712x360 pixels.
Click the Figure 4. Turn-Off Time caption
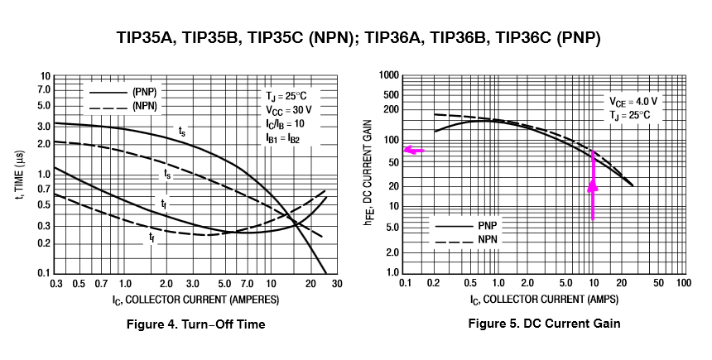point(195,324)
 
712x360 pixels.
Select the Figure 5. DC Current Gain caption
point(544,324)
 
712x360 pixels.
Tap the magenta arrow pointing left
point(414,151)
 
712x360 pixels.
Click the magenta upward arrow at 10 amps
point(593,185)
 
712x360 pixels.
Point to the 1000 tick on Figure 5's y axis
point(389,75)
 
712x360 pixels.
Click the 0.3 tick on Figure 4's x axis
point(55,284)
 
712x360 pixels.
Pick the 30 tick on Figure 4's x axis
point(336,284)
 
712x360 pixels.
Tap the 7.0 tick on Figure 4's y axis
point(45,90)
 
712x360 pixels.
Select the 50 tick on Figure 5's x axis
point(658,283)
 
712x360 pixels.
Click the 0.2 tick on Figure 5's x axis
point(434,283)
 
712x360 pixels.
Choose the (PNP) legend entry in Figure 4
point(123,92)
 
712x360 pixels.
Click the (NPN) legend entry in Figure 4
point(123,106)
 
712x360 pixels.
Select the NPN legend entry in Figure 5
point(466,240)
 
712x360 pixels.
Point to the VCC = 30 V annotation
point(289,110)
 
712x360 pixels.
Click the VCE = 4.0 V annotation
point(633,102)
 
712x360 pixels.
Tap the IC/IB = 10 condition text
point(285,124)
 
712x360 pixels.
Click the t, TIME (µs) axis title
point(21,176)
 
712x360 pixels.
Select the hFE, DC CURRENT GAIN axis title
point(369,172)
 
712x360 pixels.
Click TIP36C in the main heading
point(522,38)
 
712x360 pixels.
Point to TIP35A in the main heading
point(146,38)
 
